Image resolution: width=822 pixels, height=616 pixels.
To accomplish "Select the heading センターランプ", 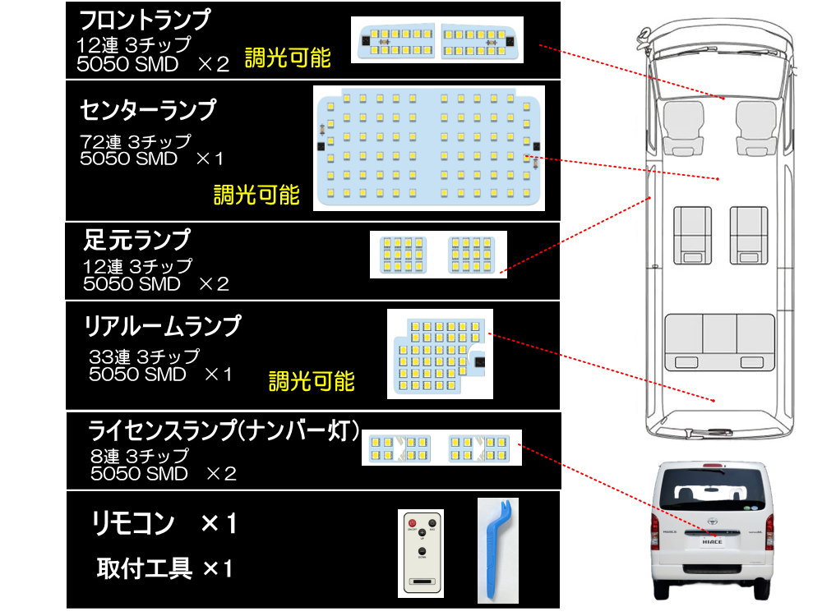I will pos(149,109).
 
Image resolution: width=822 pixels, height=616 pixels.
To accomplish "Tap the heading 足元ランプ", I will pos(137,240).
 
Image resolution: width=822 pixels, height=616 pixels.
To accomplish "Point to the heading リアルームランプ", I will pos(163,326).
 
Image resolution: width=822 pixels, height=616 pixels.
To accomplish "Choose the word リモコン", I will pos(134,523).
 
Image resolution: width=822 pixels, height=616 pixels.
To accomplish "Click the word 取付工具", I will pos(145,567).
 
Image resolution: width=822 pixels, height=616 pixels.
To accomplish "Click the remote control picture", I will pos(421,553).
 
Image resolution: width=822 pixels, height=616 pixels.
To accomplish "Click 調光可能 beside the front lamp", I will pos(288,57).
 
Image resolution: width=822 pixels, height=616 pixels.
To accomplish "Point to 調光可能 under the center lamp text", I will pos(256,195).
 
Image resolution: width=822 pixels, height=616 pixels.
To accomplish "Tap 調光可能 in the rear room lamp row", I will pos(312,381).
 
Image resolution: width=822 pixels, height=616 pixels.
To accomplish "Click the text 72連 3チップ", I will pos(136,140).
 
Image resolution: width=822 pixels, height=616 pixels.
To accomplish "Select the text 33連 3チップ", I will pos(144,356).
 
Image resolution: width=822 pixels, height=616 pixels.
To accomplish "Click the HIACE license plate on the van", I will pos(713,541).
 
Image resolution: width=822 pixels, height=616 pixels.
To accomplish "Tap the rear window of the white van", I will pos(712,494).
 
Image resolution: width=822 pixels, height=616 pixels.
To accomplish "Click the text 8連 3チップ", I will pos(140,455).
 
